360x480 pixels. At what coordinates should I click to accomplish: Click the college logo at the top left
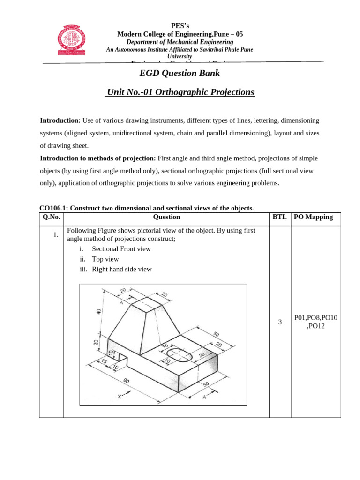72,40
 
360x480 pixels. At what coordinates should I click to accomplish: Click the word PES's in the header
180,26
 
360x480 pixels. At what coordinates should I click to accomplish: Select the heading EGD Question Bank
180,73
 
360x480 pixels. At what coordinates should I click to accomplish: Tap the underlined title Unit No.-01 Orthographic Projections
180,92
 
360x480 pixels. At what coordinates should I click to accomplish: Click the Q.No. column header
52,217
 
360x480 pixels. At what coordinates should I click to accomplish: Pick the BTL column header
280,217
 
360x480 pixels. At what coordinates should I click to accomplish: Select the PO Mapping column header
313,217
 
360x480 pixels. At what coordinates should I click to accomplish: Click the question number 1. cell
56,235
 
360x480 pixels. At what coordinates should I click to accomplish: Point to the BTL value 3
280,322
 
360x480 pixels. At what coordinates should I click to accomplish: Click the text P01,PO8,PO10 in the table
315,318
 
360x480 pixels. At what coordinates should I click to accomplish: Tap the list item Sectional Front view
121,249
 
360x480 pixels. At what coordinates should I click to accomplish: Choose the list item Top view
105,259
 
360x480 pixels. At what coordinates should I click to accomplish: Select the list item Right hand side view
122,270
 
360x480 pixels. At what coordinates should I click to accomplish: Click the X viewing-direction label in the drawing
120,397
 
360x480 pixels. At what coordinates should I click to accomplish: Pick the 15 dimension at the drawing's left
104,361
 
